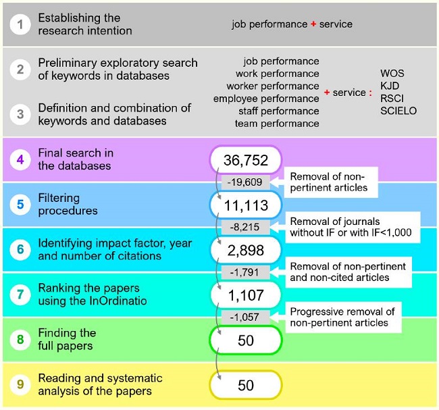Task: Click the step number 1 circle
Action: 20,25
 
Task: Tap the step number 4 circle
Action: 20,160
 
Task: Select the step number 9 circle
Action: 20,385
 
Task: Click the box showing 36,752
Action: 246,160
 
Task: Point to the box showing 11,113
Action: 246,205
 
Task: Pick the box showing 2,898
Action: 246,251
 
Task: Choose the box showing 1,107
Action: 246,295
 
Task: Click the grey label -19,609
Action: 246,182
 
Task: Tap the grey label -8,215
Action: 246,228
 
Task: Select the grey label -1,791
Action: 246,273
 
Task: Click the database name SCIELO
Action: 398,111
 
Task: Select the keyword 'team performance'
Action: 277,124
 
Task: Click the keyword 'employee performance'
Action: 266,99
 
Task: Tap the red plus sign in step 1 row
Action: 314,25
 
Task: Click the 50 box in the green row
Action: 246,340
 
